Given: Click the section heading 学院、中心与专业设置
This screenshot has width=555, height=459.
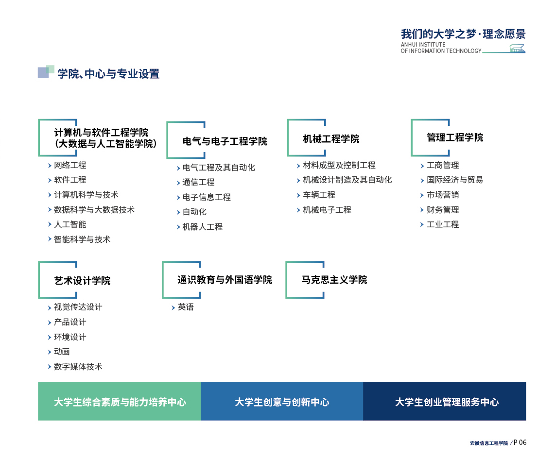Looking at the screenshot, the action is click(x=108, y=74).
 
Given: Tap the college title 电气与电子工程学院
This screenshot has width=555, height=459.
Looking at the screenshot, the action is click(x=225, y=141).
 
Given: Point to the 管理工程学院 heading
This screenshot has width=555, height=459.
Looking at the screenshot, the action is click(x=455, y=137).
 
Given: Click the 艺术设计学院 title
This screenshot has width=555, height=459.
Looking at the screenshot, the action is click(x=82, y=281).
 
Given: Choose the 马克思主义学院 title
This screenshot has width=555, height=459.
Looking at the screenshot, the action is click(x=334, y=280).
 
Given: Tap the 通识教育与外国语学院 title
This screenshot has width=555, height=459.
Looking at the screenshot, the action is click(x=225, y=280).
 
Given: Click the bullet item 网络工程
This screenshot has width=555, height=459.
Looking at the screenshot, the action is click(x=70, y=165).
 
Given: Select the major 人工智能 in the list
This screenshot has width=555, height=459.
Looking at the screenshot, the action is click(x=70, y=224).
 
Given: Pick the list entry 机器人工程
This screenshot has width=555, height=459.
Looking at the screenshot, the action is click(x=203, y=227).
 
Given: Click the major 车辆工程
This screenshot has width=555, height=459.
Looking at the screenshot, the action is click(x=319, y=195).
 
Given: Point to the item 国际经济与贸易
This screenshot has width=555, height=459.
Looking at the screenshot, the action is click(x=455, y=180).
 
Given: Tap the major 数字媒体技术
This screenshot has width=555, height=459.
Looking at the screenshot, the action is click(x=78, y=367).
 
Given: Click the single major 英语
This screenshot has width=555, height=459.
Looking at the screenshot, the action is click(x=186, y=307).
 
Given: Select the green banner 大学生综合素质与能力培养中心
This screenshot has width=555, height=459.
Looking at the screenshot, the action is click(x=119, y=401).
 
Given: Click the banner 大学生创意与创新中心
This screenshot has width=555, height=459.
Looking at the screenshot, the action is click(x=282, y=401).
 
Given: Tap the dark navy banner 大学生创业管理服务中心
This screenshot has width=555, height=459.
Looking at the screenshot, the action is click(x=445, y=401).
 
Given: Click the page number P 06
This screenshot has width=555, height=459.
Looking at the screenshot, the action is click(x=520, y=442).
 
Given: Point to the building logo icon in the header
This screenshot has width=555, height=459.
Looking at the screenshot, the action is click(x=517, y=49).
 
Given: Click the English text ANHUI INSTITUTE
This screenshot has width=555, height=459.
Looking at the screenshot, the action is click(x=423, y=45).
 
